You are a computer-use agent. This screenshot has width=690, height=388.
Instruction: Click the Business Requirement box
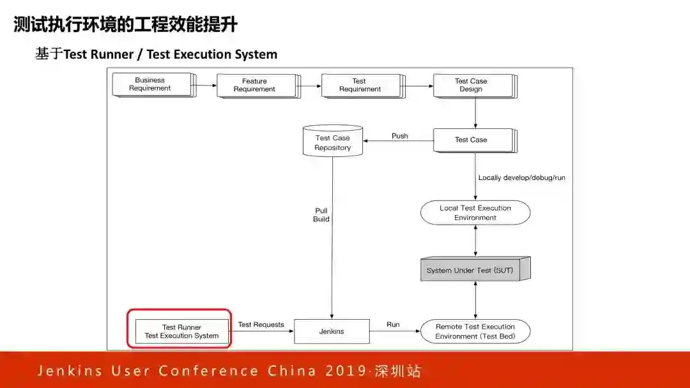click(x=151, y=84)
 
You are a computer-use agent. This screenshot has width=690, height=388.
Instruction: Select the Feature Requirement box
click(x=256, y=86)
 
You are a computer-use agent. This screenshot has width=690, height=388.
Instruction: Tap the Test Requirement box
click(x=360, y=86)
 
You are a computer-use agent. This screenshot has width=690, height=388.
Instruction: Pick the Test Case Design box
click(x=472, y=86)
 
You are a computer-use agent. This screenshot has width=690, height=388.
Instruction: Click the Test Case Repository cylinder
click(x=332, y=142)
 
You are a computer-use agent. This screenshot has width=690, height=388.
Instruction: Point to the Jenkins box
click(x=332, y=331)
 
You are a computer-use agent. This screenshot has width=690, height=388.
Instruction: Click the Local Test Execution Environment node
click(x=475, y=213)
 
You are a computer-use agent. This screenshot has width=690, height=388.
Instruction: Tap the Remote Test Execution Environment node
click(x=475, y=331)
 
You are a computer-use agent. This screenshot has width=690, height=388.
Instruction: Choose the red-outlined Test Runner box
click(x=181, y=331)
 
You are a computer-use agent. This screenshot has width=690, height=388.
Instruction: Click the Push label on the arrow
click(x=400, y=136)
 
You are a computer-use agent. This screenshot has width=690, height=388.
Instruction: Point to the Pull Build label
click(x=321, y=214)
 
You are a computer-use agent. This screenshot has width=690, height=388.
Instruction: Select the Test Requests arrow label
click(x=261, y=325)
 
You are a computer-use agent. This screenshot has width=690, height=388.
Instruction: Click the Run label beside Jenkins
click(x=393, y=325)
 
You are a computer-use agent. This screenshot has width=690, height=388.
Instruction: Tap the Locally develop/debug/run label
click(x=521, y=178)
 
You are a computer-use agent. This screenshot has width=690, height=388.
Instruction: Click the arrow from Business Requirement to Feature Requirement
click(x=205, y=84)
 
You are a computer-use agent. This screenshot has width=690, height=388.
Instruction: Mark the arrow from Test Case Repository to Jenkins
click(x=332, y=243)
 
